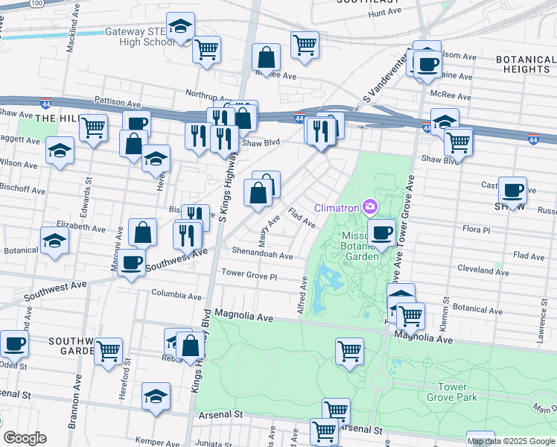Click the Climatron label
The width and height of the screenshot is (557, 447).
click(337, 206)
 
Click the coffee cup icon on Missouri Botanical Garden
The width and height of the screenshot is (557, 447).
click(381, 232)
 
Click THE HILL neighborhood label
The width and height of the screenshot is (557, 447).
click(56, 118)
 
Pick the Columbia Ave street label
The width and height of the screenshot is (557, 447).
click(177, 294)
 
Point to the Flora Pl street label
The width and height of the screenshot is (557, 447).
click(476, 230)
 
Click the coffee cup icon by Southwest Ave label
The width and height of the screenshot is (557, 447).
click(131, 263)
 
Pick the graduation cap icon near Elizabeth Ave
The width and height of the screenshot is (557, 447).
click(54, 241)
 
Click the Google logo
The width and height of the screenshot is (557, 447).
click(25, 438)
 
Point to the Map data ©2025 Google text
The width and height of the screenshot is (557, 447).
click(510, 441)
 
